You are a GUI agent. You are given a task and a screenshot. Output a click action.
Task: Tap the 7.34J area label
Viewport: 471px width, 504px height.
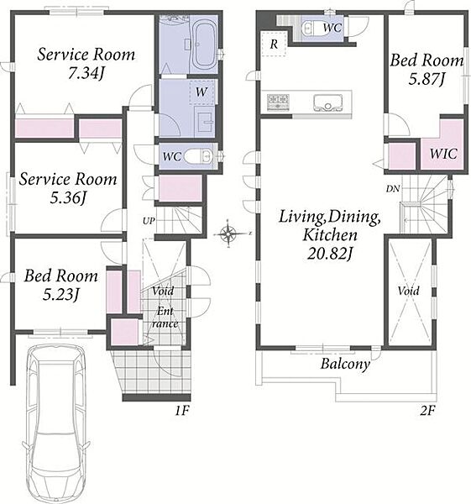click(x=85, y=74)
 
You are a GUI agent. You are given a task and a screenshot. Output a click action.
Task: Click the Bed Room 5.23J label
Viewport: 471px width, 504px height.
click(x=61, y=286)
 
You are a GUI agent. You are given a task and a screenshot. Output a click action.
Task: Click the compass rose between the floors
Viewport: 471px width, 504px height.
click(x=228, y=234)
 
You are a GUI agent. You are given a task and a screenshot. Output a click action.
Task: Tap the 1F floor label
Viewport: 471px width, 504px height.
click(x=182, y=411)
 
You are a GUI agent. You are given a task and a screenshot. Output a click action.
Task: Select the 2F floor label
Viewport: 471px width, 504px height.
click(x=427, y=411)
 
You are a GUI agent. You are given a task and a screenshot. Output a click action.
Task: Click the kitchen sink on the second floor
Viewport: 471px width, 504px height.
click(x=327, y=102)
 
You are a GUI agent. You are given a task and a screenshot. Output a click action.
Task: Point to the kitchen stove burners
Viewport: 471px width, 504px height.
click(x=278, y=102)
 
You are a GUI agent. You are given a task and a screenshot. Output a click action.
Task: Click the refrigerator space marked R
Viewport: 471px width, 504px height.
click(x=274, y=44)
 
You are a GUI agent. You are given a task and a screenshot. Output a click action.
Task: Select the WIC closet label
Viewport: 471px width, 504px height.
click(x=443, y=154)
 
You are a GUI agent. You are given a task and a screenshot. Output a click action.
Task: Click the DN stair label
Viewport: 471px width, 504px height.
click(x=393, y=189)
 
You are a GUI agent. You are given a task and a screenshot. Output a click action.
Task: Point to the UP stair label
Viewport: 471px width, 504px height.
click(x=149, y=221)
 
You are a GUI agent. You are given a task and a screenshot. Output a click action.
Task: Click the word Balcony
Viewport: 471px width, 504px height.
click(x=345, y=365)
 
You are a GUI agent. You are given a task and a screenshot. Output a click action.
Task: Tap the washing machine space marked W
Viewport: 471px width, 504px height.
click(x=201, y=92)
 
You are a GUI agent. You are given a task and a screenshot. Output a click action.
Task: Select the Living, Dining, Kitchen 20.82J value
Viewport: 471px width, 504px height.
click(x=330, y=255)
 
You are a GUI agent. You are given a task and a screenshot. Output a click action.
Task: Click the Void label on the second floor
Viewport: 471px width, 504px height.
click(x=408, y=291)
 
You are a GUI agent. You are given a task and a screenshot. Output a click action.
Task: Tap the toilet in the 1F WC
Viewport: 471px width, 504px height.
click(x=197, y=156)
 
